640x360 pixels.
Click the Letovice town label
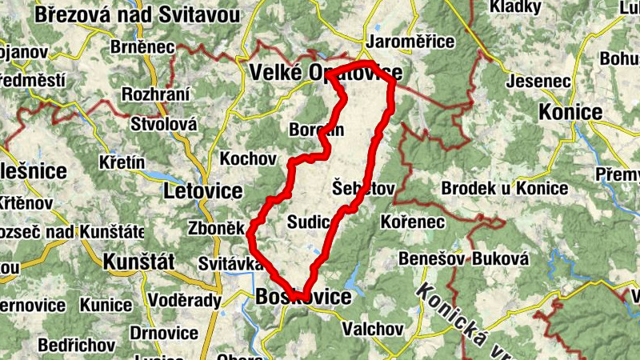tap(202, 191)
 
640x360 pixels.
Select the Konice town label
tap(570, 111)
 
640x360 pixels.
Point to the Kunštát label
tap(138, 261)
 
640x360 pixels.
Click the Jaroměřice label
tap(409, 42)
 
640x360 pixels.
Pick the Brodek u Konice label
tap(504, 189)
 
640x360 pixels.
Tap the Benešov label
tap(432, 260)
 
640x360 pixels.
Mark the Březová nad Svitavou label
tap(138, 14)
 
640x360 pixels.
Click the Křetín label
tap(122, 163)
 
